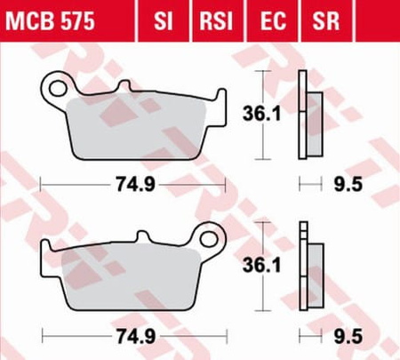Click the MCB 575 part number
[x=50, y=21]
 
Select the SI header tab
[x=163, y=21]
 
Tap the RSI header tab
[x=216, y=21]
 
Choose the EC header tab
[x=273, y=21]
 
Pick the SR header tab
[x=325, y=21]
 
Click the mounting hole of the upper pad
[x=57, y=88]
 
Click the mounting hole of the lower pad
[x=209, y=239]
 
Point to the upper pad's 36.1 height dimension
[x=261, y=114]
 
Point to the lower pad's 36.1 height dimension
[x=261, y=265]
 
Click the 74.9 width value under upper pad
[x=135, y=184]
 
